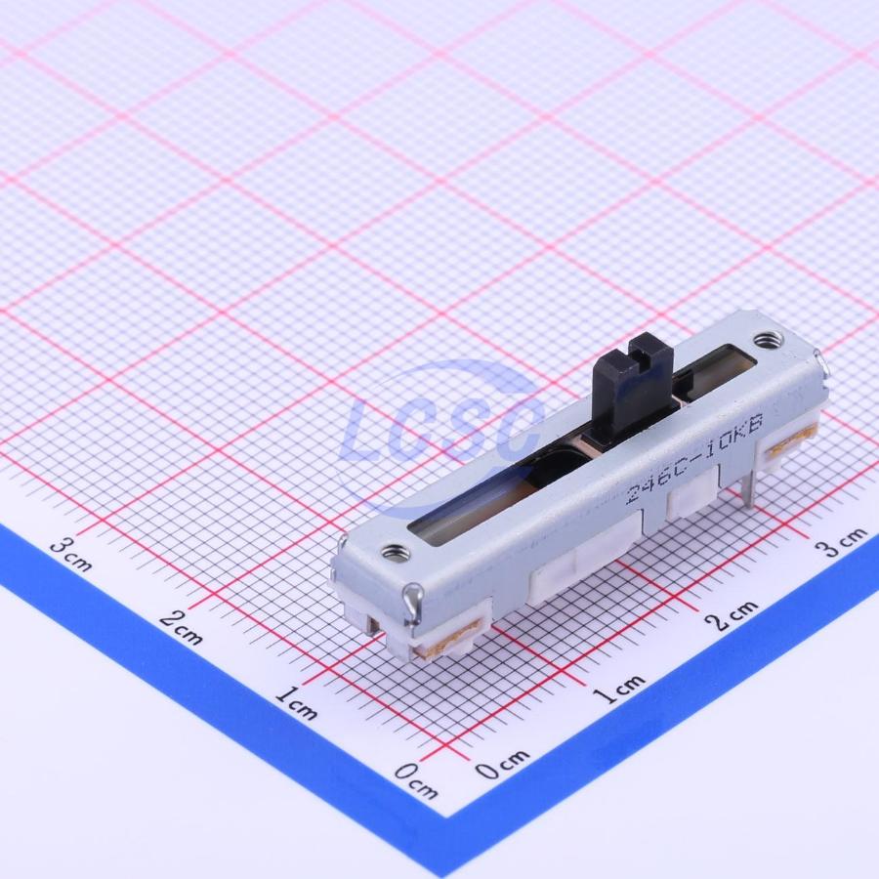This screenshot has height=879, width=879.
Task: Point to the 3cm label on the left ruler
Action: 70,554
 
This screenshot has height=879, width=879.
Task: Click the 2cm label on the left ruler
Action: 181,628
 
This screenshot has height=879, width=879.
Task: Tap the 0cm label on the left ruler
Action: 415,781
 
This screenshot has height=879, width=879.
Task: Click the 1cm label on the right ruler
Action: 618,689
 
